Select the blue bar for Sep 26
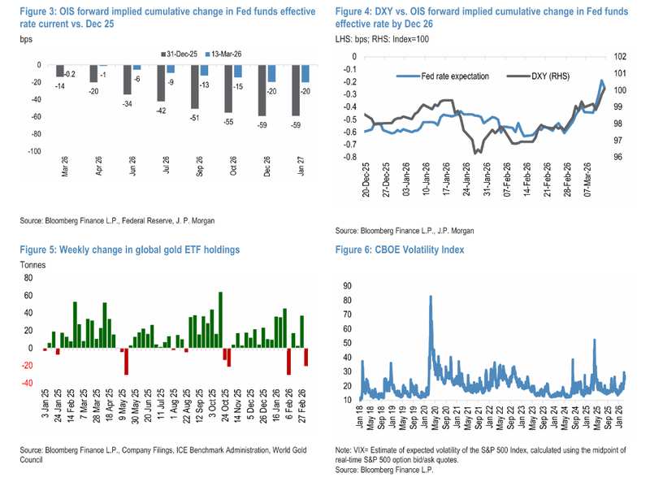click(x=204, y=71)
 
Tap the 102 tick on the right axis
click(x=620, y=57)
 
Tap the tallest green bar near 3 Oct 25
click(x=220, y=319)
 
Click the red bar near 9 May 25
click(x=126, y=361)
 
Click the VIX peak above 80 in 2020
click(x=430, y=297)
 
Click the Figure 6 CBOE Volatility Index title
click(x=399, y=250)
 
